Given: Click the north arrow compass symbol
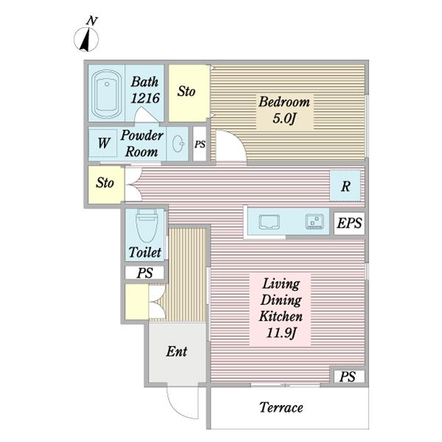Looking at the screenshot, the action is coord(86,39).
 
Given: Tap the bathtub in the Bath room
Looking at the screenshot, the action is coord(107,94).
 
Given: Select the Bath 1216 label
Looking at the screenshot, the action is coord(145,90).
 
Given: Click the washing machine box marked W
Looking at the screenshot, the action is coord(103,143).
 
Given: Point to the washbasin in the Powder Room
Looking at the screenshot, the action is coord(178,144).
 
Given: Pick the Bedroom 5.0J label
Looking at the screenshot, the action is coord(284,110).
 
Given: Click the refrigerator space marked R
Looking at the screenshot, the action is coord(345,186).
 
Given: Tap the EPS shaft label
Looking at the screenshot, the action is coord(349,223).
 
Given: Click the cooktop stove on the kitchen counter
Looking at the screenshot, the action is coord(315,222).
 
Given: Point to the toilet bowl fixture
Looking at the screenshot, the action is coord(147,225).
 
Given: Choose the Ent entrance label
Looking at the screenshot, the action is coord(177,351).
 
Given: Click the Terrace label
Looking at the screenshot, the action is coord(281,407).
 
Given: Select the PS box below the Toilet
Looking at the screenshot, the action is coord(144,273).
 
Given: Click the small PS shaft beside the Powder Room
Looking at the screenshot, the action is coord(200,144).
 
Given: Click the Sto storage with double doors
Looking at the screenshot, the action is coord(105,184).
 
